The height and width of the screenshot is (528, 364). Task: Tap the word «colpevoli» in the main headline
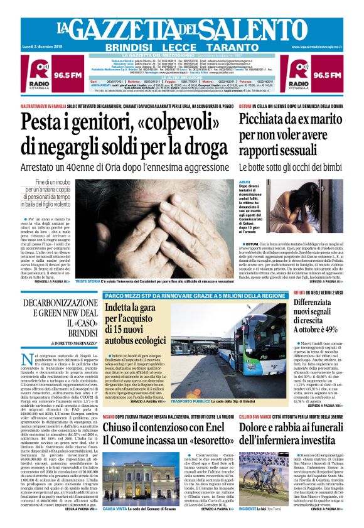191,122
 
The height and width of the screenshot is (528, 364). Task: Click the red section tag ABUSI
245,182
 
